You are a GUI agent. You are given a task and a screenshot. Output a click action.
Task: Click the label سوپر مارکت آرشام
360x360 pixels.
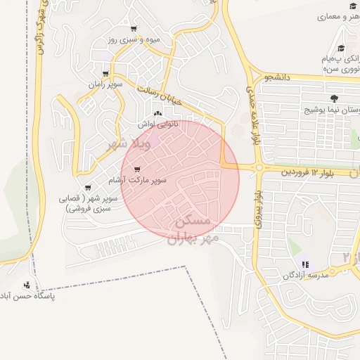(x=138, y=181)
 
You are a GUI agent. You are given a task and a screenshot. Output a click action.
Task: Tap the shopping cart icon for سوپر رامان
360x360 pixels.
(x=105, y=73)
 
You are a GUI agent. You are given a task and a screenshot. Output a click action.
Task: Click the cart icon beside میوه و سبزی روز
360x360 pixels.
(x=134, y=29)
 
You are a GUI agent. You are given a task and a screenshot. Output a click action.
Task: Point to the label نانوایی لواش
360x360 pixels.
(x=157, y=124)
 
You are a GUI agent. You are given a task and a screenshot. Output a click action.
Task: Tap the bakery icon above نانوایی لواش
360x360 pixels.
(x=157, y=113)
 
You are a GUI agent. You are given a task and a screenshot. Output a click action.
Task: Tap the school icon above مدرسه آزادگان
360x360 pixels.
(x=305, y=264)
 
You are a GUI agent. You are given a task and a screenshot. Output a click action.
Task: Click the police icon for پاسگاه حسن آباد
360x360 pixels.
(x=27, y=285)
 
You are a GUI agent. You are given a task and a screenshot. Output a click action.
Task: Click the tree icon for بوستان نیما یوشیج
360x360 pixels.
(x=333, y=99)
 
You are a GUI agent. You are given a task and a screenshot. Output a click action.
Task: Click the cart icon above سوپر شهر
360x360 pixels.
(x=88, y=188)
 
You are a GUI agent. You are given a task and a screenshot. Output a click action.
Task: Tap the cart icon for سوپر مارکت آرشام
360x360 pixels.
(x=136, y=169)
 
